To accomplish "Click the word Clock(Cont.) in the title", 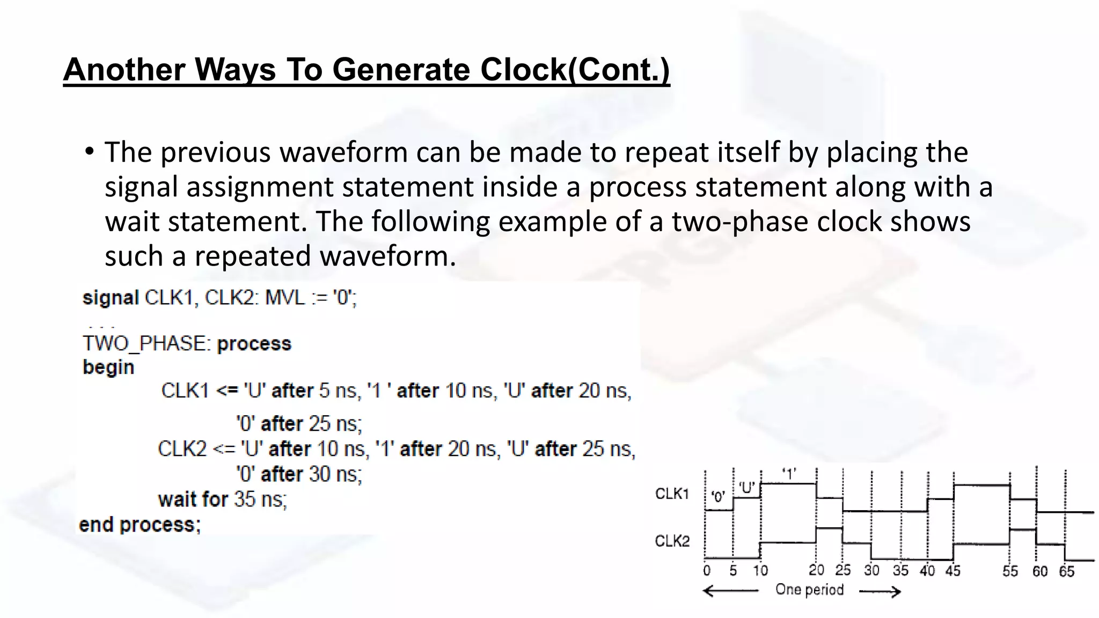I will point(575,70).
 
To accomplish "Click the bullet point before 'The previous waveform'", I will point(90,152).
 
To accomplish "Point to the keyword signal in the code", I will point(111,298).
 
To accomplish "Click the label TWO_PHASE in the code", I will point(144,343).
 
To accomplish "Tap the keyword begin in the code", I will point(108,367).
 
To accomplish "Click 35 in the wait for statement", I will point(244,499).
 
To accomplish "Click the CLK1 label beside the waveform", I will point(672,494).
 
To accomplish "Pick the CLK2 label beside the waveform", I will point(672,541).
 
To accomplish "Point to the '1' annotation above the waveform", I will point(788,475).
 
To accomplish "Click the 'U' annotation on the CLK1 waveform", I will point(746,488).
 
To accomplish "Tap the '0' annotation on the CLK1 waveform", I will point(718,497).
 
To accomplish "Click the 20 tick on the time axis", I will point(816,570).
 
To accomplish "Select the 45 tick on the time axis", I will point(953,571).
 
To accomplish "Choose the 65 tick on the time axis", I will point(1066,571).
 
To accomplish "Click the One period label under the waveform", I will point(809,590).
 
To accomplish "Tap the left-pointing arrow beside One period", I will point(730,591).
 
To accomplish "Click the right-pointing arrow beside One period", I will point(880,592).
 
